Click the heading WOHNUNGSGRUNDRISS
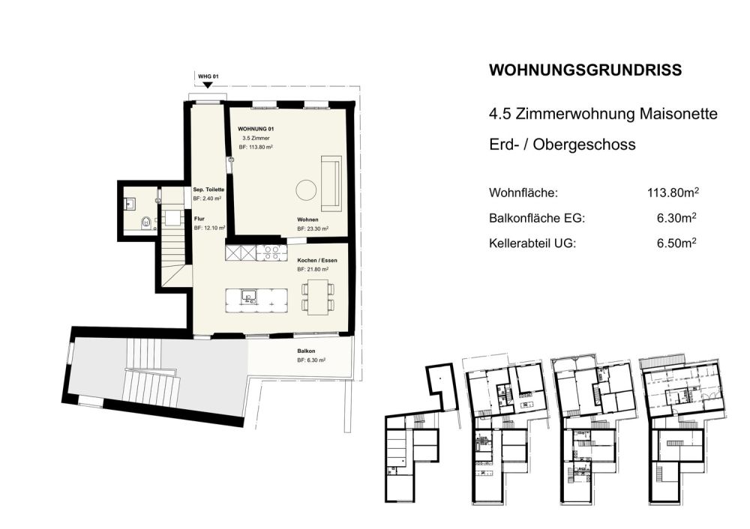585,70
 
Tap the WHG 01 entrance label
208,77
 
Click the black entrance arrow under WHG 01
208,86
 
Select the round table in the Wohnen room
305,190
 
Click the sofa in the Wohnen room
331,182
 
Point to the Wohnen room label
307,220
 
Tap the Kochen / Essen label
317,259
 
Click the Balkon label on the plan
306,351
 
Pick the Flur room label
199,219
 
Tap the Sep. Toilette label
208,190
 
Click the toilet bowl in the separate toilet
145,223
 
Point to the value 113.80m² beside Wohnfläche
673,193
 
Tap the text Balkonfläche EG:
536,219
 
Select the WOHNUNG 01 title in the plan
256,130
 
